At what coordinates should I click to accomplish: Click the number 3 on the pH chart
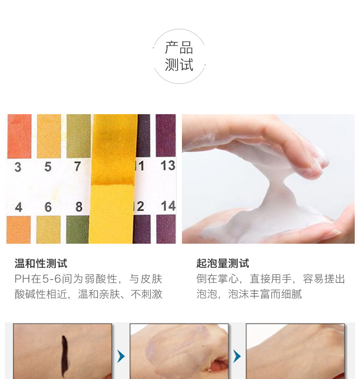pos(18,167)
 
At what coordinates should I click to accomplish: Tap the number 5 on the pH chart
pos(48,166)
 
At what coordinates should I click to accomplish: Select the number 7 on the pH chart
pos(77,166)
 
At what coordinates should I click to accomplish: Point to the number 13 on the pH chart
pos(168,166)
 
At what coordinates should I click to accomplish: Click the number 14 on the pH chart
pos(168,206)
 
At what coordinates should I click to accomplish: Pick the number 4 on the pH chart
pos(19,207)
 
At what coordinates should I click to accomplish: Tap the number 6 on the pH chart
pos(48,207)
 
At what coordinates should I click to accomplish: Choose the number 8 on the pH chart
pos(79,207)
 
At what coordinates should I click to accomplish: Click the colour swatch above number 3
pos(19,136)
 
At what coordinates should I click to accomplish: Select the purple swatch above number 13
pos(166,135)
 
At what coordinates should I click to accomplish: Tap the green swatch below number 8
pos(78,229)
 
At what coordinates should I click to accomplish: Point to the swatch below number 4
pos(19,230)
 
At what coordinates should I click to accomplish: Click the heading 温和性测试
pos(41,263)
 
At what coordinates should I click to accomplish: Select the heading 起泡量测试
pos(223,263)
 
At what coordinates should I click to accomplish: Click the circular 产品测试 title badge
pos(179,56)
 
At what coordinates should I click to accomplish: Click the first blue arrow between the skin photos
pos(121,356)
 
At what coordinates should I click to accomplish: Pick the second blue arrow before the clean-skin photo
pos(237,356)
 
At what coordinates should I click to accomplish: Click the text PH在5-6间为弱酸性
pos(66,279)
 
